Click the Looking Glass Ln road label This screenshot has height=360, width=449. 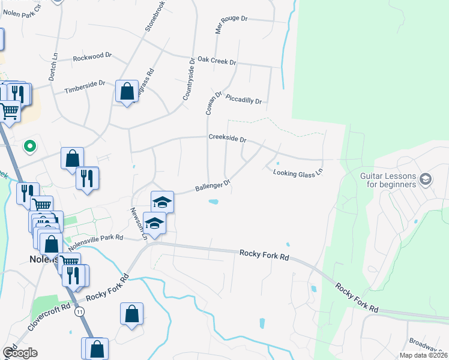click(x=298, y=172)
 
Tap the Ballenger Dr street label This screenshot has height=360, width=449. click(x=213, y=186)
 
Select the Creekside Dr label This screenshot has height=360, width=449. click(x=228, y=139)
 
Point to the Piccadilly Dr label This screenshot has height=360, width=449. click(x=244, y=100)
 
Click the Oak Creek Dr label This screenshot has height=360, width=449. click(x=217, y=61)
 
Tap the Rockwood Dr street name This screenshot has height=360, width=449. click(x=92, y=57)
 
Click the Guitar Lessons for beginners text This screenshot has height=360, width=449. click(x=388, y=180)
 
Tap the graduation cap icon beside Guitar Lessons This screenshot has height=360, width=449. click(x=426, y=179)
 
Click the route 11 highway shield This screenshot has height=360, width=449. click(x=80, y=311)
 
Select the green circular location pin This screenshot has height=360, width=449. click(x=29, y=146)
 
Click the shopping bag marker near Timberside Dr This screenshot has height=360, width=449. click(x=127, y=92)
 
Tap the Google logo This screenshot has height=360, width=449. click(x=19, y=353)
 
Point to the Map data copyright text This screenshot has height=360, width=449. click(x=424, y=355)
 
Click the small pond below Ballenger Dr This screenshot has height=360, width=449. click(x=213, y=202)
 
